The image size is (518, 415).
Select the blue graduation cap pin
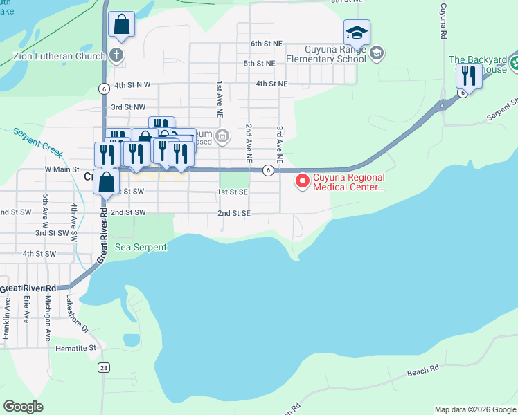tap(357, 33)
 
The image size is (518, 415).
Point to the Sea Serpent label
tap(141, 246)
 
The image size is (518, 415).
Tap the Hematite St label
tap(76, 348)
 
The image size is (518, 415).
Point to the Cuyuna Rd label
tap(441, 24)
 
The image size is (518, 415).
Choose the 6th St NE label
tap(267, 44)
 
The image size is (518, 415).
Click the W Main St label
tap(62, 169)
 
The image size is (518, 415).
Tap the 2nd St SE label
tap(233, 214)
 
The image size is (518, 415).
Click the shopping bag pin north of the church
tap(121, 25)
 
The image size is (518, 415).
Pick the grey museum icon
tap(222, 136)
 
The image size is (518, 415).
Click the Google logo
tap(24, 407)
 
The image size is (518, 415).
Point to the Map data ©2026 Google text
tap(475, 409)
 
